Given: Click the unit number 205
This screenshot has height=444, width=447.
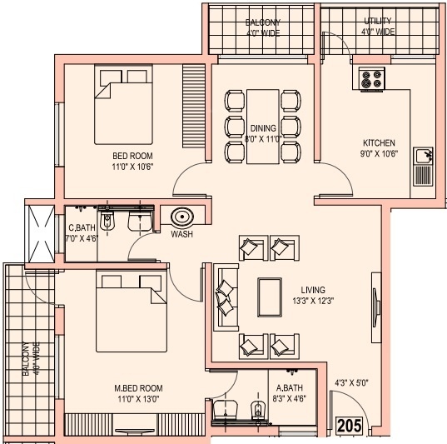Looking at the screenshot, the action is coord(350,426).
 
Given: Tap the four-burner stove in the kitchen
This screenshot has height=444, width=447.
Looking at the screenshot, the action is coord(372,79).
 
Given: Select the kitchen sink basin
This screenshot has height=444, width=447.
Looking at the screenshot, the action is coord(423,156).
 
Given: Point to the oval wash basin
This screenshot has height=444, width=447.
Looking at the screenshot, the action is coord(182,217).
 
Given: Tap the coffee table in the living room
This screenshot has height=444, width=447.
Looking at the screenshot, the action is coord(270,297).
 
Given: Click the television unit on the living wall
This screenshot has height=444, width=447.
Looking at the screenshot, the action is coord(376,307).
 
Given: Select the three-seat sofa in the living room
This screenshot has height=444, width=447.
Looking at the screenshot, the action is coord(226,297).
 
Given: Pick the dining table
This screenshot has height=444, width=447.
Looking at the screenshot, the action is coord(262,127).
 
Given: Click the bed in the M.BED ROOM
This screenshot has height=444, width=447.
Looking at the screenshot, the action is coord(132,312).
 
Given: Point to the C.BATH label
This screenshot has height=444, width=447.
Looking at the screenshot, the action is coord(82,227).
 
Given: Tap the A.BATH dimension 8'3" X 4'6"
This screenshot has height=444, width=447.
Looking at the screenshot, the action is coord(290,398).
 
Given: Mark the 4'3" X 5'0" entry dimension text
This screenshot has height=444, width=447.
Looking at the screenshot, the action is coord(352,382).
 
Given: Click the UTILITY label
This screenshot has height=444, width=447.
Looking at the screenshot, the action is coord(378,21).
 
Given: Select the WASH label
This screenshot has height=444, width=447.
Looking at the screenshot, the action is coord(181,234).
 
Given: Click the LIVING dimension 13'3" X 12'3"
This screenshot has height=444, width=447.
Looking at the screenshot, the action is coord(313,301).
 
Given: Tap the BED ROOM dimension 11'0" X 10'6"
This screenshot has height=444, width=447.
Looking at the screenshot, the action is coord(132,167).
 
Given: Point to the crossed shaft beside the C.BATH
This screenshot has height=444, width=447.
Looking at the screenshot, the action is coord(40,234).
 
